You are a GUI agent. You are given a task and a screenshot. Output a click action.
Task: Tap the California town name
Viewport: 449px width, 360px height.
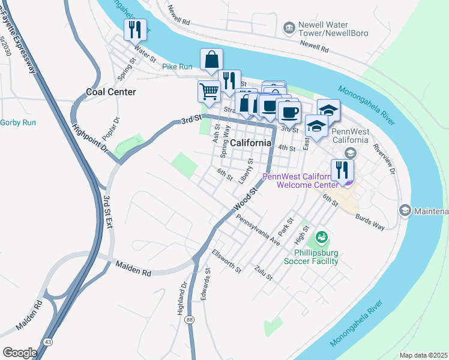(x=250, y=143)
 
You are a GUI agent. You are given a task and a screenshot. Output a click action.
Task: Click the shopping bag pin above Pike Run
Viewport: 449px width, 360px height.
(x=211, y=59)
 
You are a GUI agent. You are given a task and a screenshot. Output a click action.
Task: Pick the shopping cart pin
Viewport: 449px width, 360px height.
(x=208, y=91)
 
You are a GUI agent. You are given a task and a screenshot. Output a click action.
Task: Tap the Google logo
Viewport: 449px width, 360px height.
(x=20, y=352)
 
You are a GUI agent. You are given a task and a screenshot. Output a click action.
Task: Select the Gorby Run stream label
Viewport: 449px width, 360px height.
(x=18, y=122)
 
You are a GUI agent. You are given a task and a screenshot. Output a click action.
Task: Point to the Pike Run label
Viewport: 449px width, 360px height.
(x=177, y=67)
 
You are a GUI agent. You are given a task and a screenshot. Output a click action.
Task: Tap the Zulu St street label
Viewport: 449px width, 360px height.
(x=264, y=274)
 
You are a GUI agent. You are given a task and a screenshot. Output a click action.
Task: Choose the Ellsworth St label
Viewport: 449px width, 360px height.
(x=226, y=262)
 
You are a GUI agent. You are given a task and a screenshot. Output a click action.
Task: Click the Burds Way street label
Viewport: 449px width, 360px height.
(x=370, y=221)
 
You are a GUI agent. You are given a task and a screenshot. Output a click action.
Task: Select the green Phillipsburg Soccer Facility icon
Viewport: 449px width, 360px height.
(x=322, y=238)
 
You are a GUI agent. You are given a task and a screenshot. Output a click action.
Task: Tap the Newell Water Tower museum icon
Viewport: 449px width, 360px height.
(x=289, y=27)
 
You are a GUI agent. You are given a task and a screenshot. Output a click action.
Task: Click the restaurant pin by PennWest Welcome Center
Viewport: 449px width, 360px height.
(x=342, y=169)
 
